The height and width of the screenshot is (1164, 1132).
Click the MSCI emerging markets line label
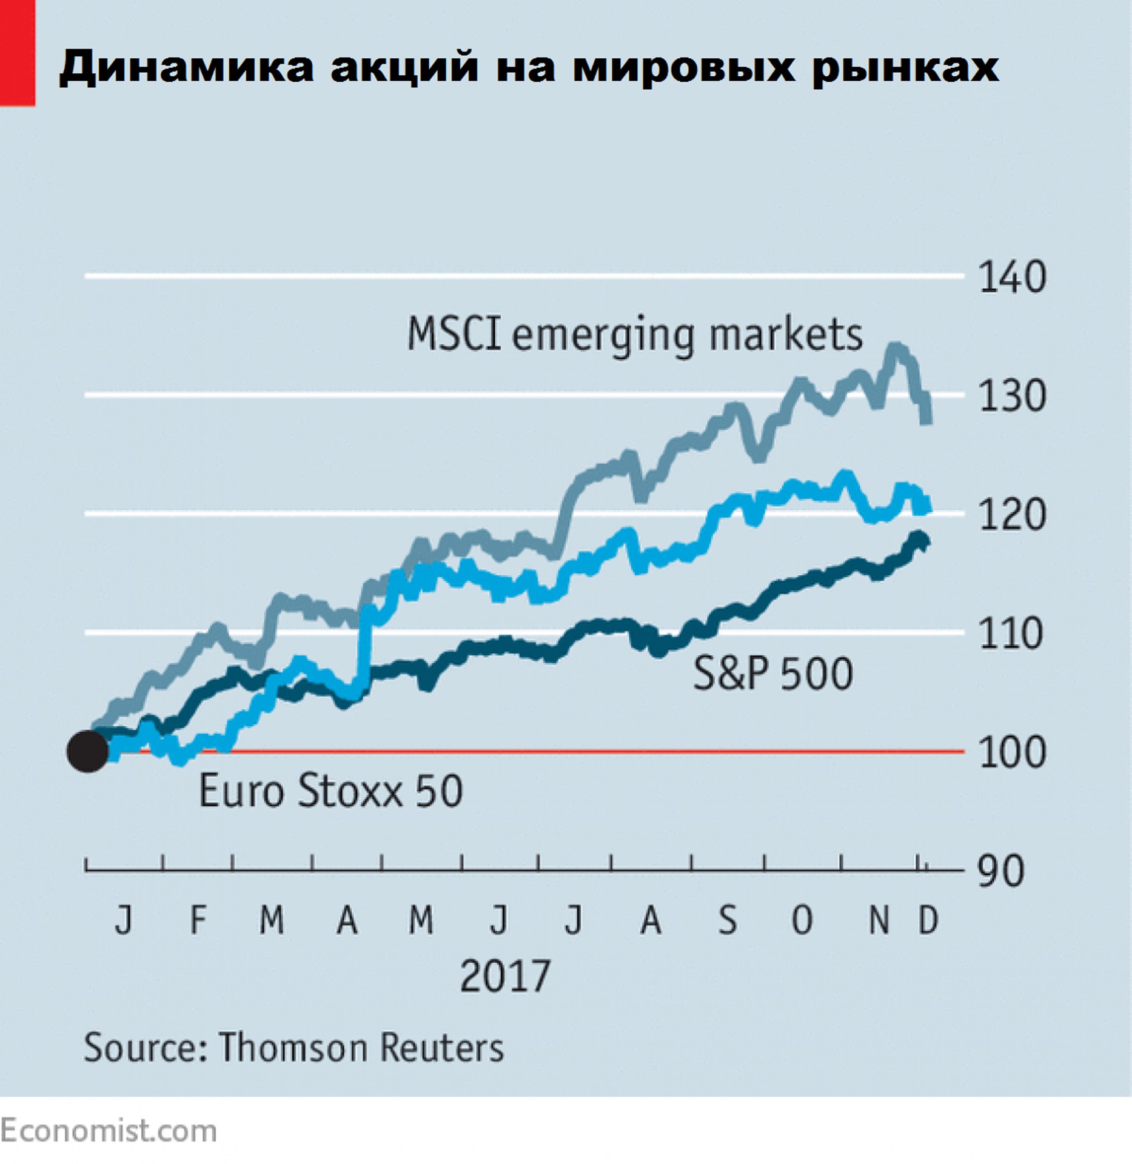pos(634,335)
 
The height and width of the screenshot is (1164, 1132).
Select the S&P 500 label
pos(773,674)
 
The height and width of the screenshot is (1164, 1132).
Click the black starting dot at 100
pos(88,751)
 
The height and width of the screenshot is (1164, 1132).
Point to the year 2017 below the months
pos(505,977)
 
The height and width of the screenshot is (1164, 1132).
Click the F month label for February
pos(198,920)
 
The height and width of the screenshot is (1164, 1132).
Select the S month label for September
pos(728,920)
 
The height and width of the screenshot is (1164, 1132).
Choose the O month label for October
pos(802,920)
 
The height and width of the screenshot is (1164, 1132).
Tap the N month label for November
pos(879,920)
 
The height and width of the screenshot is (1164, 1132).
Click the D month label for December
pos(928,920)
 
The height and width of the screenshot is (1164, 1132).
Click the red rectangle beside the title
pos(17,53)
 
